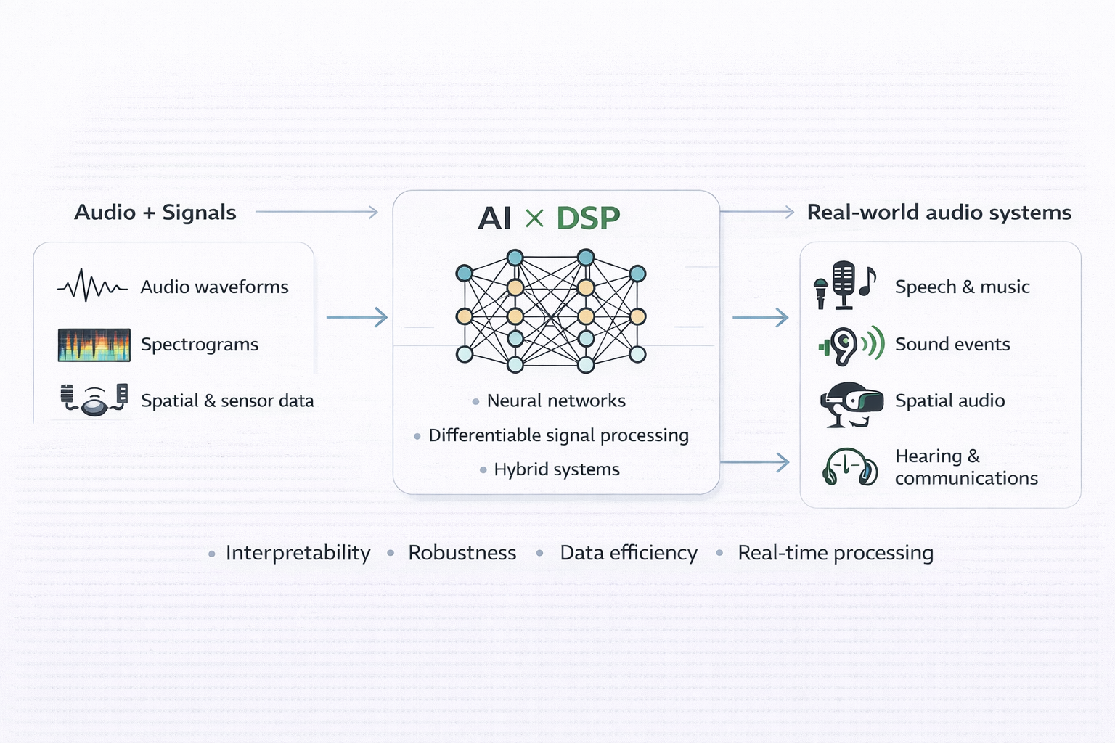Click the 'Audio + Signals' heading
point(155,213)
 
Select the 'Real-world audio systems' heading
point(939,213)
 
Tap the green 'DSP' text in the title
point(588,218)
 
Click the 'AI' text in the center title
point(494,218)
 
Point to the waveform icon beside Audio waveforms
point(92,286)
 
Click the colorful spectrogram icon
point(94,345)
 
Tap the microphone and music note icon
point(845,284)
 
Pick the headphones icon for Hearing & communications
point(850,466)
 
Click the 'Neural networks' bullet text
point(556,401)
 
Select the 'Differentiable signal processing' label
point(558,435)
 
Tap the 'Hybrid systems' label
point(556,469)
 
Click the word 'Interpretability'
point(298,553)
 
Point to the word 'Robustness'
point(462,553)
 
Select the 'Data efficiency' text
point(628,553)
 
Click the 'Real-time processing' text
point(835,553)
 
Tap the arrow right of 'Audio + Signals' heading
point(316,212)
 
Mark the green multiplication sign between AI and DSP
point(534,218)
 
